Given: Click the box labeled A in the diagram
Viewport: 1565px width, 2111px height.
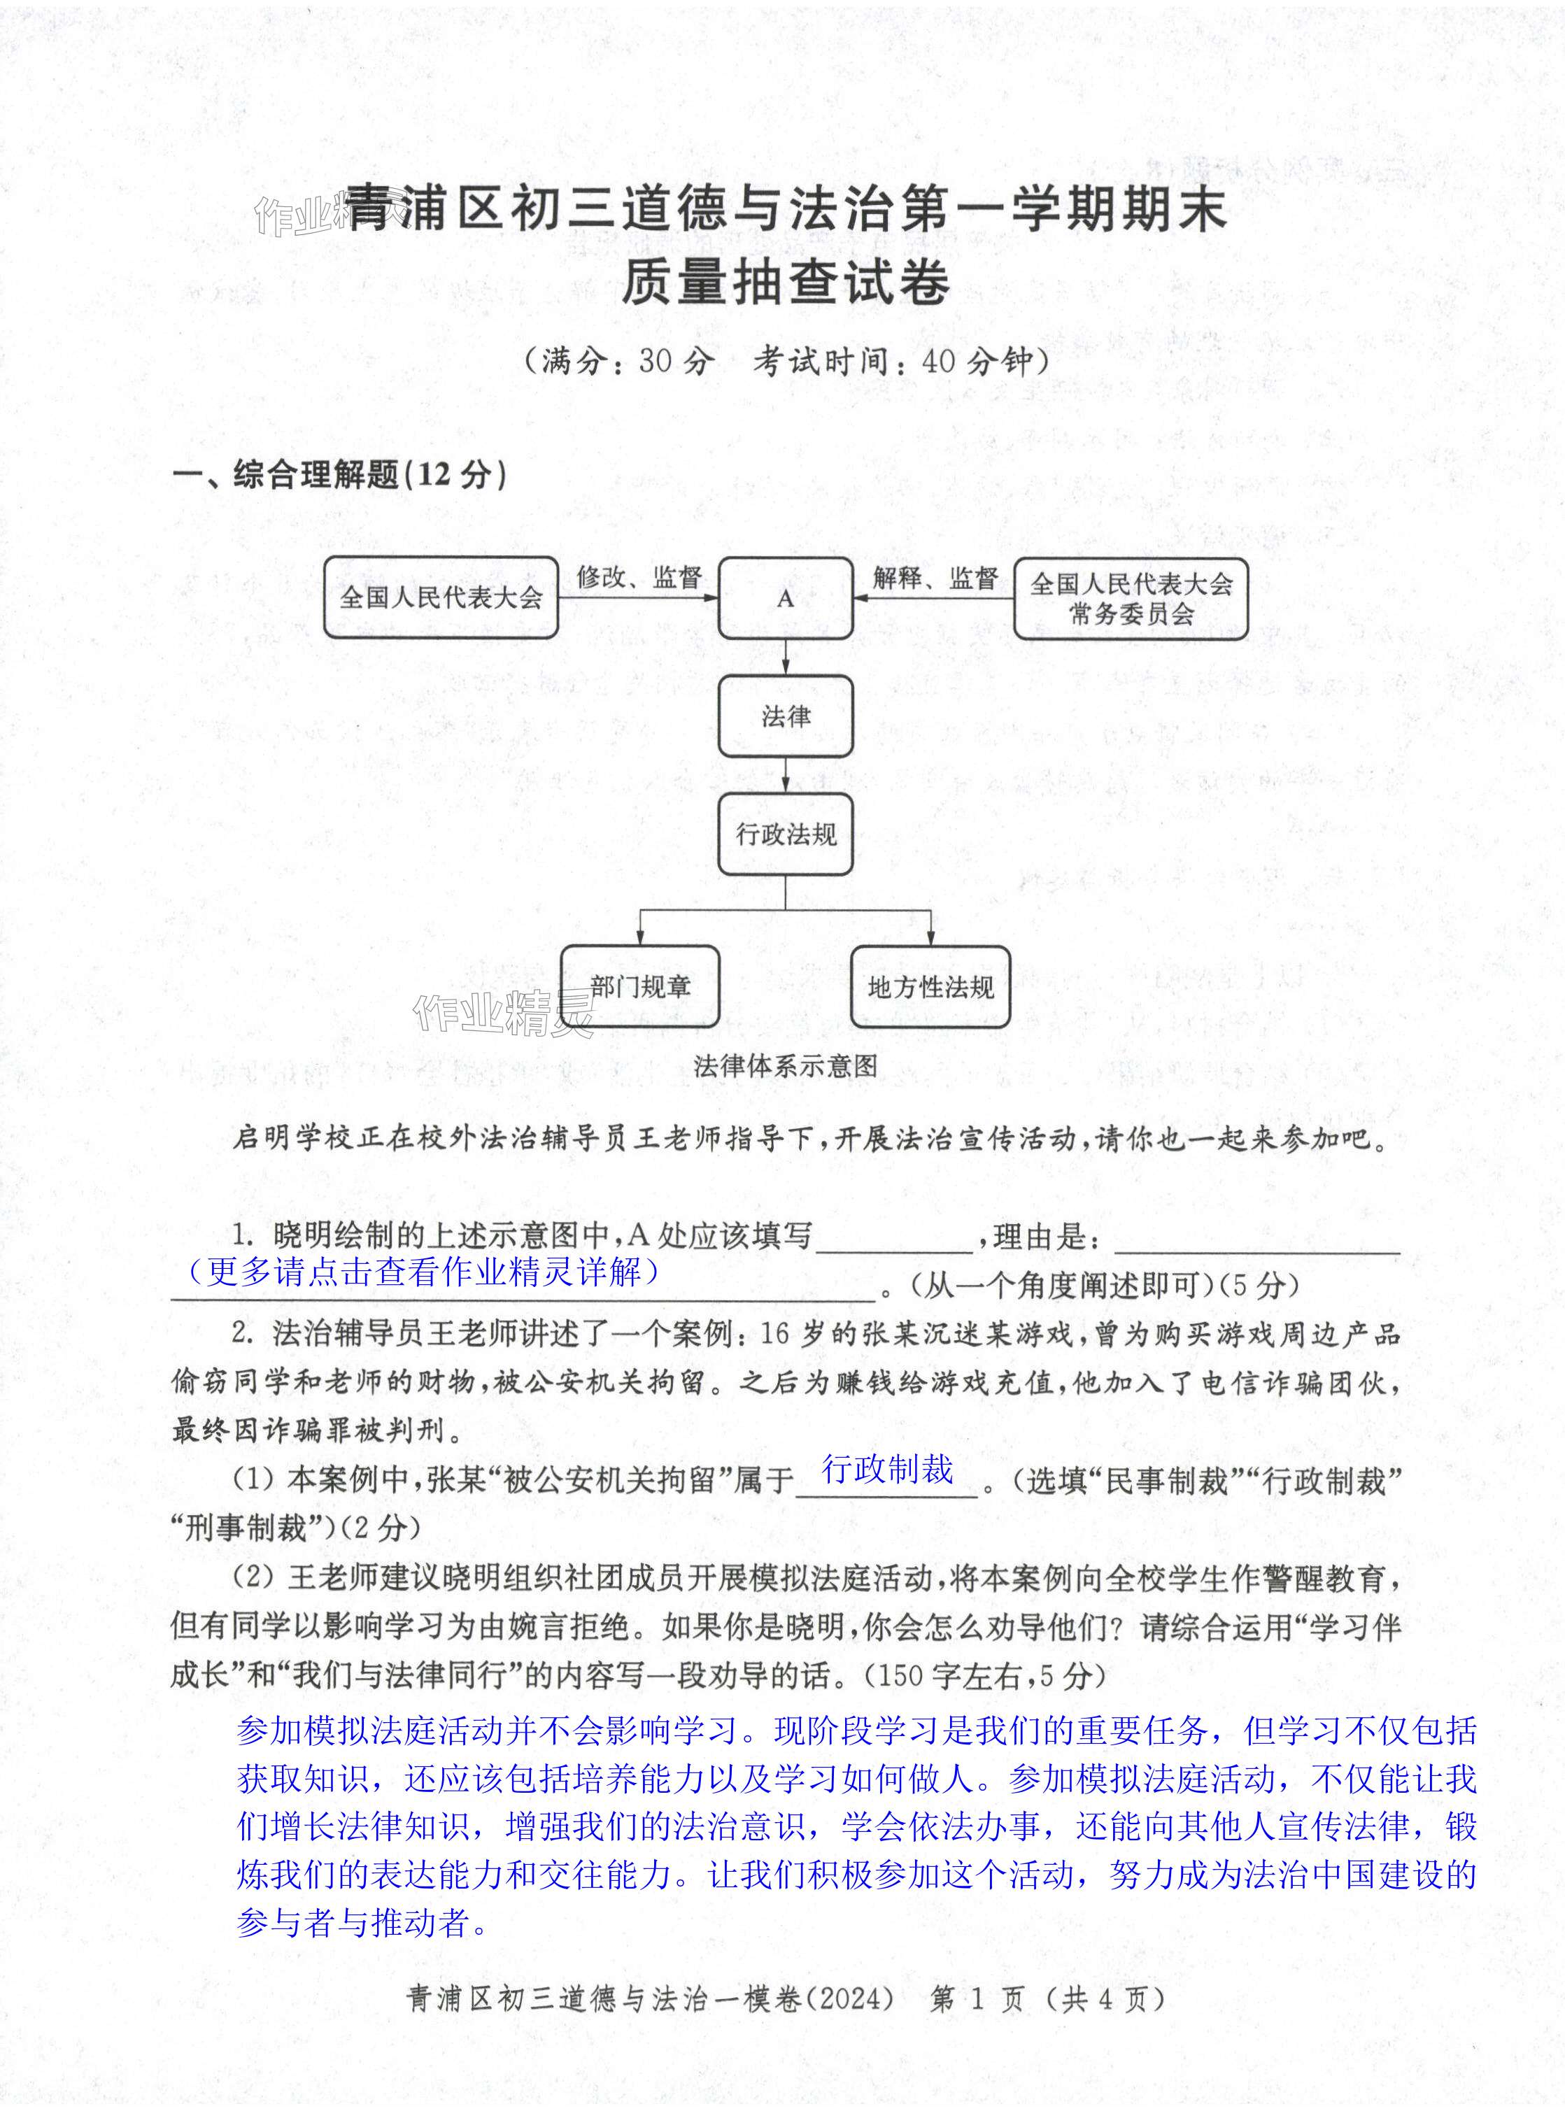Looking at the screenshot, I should point(786,599).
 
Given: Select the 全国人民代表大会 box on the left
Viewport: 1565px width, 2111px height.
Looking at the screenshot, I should point(441,597).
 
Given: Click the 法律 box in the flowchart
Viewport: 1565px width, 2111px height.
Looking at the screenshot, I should point(786,716).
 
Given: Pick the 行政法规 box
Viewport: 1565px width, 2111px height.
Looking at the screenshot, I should point(786,834).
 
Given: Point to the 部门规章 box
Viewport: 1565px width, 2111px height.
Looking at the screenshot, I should point(639,987).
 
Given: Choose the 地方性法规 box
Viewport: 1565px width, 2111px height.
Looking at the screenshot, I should point(930,987).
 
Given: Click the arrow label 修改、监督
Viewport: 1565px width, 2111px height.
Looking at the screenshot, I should point(639,577).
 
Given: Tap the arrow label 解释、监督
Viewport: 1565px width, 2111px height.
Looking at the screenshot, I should point(935,577).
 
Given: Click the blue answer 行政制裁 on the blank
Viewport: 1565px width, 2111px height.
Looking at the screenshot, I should point(888,1469).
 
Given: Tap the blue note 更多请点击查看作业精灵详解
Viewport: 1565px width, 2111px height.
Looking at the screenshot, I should point(423,1271).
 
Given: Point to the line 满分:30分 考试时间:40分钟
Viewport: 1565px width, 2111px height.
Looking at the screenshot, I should point(786,361).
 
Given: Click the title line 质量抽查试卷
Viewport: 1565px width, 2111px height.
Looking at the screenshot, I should point(786,282).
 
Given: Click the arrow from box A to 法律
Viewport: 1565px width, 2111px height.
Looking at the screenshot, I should point(786,656).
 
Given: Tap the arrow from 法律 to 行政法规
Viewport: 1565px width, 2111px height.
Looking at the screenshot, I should point(786,776).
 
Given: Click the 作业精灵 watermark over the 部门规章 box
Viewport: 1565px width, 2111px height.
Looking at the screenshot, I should point(502,1014).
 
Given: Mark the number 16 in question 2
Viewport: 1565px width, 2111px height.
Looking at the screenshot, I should point(774,1333).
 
